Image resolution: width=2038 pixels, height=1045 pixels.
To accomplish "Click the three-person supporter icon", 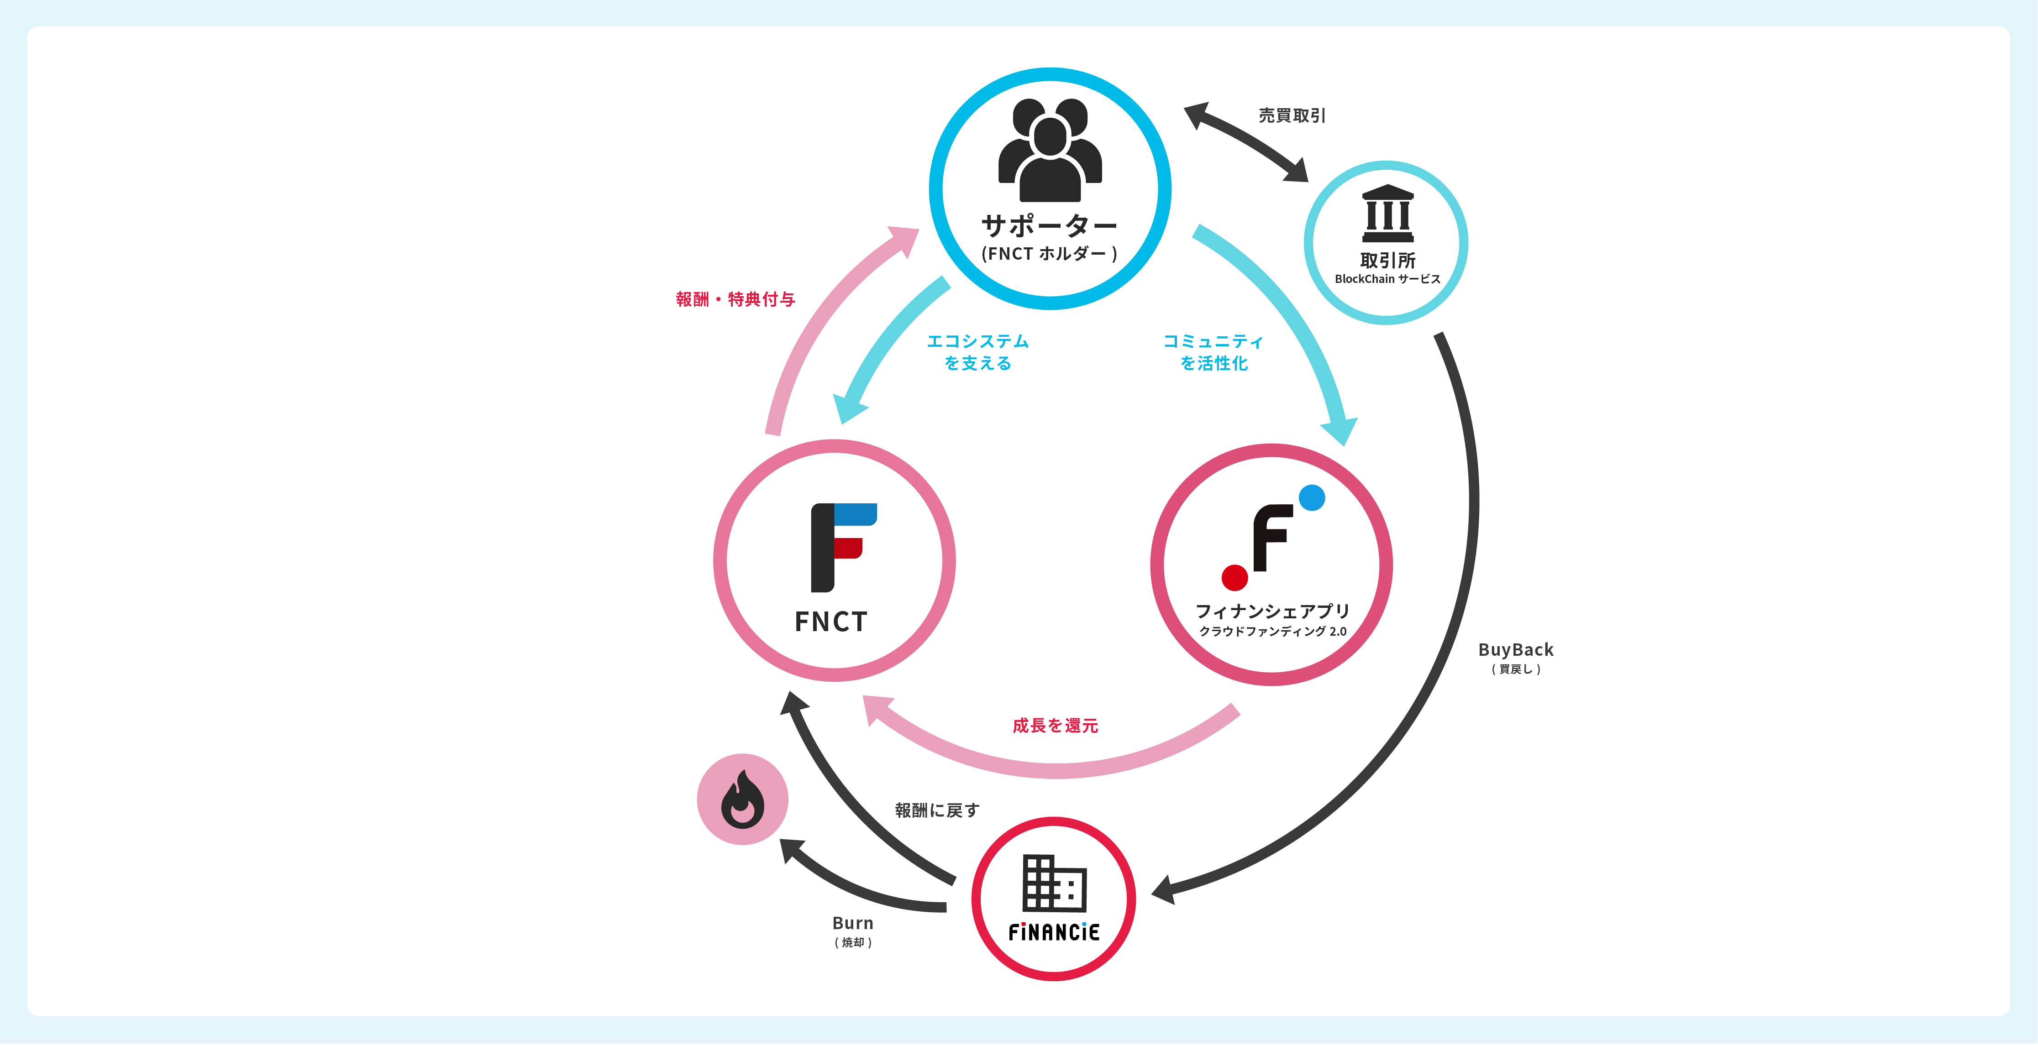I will tap(1050, 150).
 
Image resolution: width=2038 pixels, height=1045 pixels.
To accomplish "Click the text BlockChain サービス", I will tap(1387, 279).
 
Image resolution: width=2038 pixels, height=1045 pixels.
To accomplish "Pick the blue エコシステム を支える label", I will tap(978, 352).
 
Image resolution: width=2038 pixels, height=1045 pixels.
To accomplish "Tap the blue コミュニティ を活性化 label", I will tap(1213, 352).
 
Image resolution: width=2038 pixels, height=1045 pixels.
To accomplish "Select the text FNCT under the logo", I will tap(831, 622).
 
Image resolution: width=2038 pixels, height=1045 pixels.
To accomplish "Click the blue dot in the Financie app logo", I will tap(1312, 497).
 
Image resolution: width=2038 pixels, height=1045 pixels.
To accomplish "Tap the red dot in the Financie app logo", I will tap(1234, 577).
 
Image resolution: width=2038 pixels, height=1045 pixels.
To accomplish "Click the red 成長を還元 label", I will tap(1056, 726).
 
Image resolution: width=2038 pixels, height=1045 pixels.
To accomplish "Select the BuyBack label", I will tap(1516, 650).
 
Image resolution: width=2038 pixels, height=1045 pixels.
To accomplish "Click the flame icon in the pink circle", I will tap(742, 800).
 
